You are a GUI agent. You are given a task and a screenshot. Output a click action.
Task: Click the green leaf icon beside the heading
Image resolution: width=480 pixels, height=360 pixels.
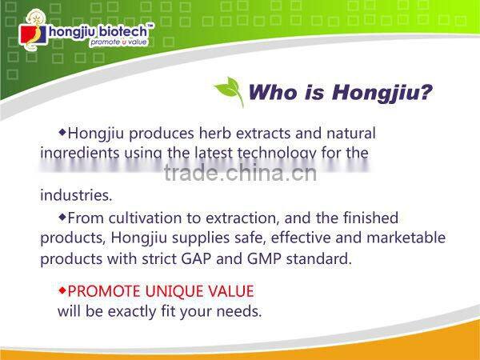(x=229, y=92)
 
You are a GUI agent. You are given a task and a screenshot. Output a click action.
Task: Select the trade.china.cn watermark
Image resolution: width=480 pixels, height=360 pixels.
(x=239, y=173)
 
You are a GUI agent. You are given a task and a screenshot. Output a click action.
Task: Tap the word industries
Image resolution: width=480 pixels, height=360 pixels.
(x=76, y=195)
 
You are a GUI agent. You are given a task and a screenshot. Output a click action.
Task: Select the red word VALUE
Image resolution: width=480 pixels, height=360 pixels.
(x=233, y=290)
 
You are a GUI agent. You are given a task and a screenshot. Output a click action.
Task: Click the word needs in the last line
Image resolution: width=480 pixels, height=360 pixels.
(x=240, y=311)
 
